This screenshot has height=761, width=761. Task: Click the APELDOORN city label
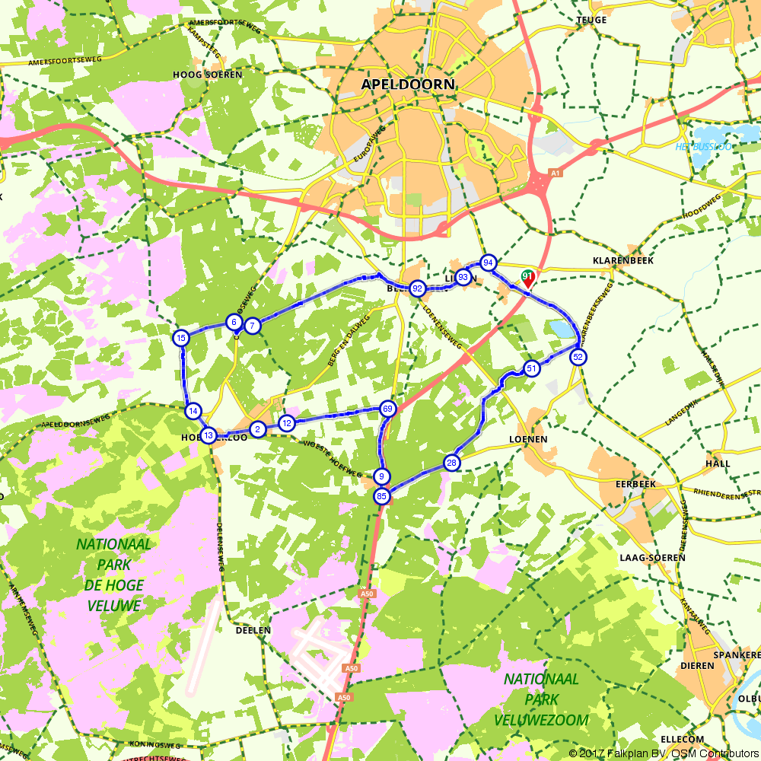click(408, 84)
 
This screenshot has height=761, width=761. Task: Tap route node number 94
click(489, 263)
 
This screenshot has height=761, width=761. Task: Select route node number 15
click(180, 338)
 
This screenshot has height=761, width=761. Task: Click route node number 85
click(381, 496)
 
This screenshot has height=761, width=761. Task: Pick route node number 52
click(578, 357)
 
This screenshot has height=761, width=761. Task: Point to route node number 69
click(387, 409)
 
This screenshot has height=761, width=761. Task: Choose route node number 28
click(452, 463)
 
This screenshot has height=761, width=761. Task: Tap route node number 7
click(253, 326)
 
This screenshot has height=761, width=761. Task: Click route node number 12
click(287, 423)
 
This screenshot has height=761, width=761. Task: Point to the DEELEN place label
click(253, 630)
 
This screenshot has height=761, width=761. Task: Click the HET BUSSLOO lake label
click(703, 146)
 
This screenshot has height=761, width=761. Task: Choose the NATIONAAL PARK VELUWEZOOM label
click(541, 699)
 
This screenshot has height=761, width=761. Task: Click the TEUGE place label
click(591, 20)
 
